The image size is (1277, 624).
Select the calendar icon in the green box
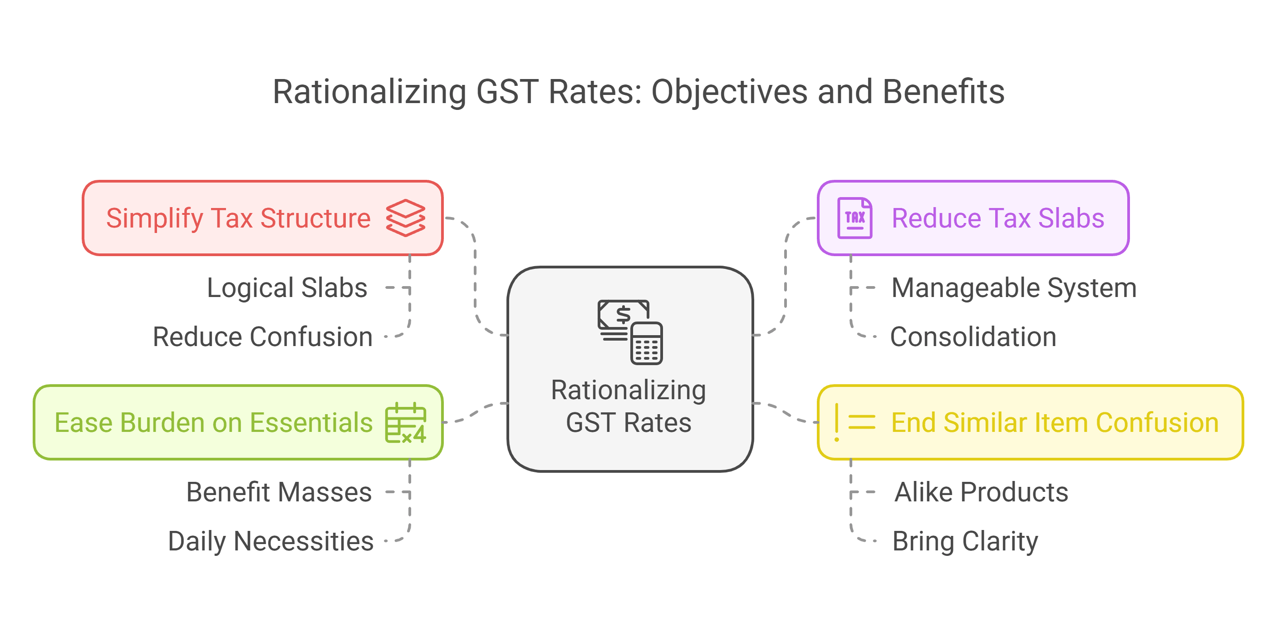[406, 423]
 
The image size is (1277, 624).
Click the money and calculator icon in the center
[630, 332]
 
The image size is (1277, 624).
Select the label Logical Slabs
[287, 287]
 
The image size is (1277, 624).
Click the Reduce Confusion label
[263, 337]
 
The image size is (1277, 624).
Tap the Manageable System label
[1014, 287]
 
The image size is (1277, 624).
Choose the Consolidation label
[973, 337]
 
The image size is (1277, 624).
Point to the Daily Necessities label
[270, 541]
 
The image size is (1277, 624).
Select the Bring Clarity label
[965, 541]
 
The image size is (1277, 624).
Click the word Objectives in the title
[729, 92]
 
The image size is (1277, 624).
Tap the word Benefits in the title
[943, 92]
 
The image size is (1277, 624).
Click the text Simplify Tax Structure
[238, 218]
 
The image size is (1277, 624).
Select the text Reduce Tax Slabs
[998, 218]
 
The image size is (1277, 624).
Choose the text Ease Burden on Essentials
[214, 423]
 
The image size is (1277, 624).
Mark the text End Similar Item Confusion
[1055, 423]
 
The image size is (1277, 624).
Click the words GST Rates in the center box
[629, 423]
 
